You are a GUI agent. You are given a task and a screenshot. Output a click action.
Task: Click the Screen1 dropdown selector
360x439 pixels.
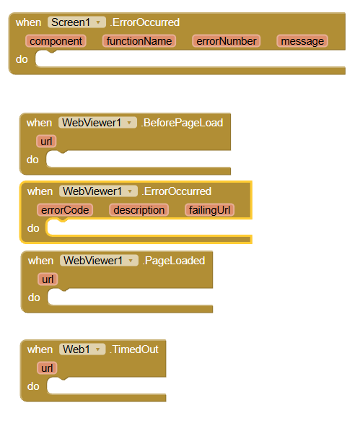[76, 22]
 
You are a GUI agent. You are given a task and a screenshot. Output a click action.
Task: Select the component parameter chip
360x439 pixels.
[56, 41]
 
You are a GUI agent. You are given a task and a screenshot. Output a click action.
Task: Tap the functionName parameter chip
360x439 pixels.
[139, 41]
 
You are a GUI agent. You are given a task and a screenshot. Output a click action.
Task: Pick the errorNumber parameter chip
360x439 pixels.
[227, 41]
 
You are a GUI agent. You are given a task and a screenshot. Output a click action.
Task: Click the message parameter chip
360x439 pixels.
[302, 41]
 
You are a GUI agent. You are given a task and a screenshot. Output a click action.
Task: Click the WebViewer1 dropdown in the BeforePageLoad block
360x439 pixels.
[97, 123]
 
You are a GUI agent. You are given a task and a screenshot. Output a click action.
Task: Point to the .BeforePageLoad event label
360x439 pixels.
[182, 123]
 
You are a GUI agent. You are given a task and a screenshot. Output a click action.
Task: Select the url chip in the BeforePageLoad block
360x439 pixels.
[46, 142]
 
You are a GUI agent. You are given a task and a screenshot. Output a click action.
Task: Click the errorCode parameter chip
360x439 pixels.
[65, 210]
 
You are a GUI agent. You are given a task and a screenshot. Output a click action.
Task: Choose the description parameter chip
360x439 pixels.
[139, 210]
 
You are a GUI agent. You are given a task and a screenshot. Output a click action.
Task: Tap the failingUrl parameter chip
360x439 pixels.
[209, 210]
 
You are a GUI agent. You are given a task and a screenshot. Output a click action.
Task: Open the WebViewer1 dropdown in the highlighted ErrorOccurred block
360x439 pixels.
[98, 191]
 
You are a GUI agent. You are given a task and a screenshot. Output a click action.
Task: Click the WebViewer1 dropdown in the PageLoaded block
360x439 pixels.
[99, 261]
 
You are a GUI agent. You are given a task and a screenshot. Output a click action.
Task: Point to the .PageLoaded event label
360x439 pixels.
[174, 261]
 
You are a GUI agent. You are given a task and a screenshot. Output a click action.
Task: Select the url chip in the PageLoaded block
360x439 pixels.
[48, 279]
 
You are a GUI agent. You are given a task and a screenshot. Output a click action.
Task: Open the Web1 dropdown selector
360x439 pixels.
[82, 349]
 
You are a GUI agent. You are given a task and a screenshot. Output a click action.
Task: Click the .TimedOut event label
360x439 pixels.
[134, 349]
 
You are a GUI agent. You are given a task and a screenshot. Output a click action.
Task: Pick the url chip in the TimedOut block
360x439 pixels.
[47, 368]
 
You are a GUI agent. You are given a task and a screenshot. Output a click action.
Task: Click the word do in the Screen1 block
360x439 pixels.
[22, 59]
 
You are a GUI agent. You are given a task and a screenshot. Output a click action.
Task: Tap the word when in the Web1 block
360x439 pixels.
[40, 349]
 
